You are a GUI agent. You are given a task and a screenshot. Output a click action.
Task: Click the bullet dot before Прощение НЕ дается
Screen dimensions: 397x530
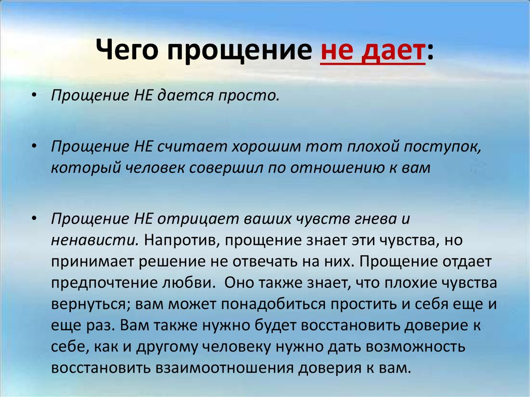pyautogui.click(x=34, y=96)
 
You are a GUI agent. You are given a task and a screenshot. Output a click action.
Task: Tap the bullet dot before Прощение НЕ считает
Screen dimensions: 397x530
pyautogui.click(x=34, y=147)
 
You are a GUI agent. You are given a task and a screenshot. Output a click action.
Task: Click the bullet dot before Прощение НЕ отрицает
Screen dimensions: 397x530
pyautogui.click(x=34, y=219)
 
